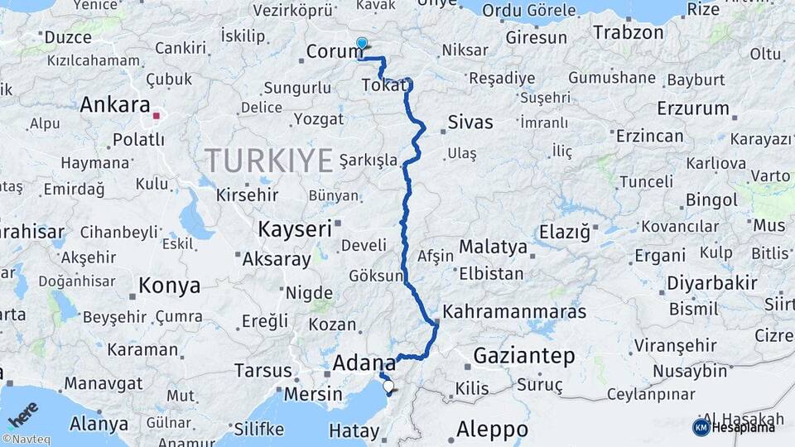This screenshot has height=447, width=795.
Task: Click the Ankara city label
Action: [x=114, y=106]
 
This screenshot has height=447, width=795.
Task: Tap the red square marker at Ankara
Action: [x=156, y=116]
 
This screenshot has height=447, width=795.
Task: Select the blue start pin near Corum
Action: [x=361, y=44]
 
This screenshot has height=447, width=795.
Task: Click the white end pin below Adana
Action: [x=388, y=385]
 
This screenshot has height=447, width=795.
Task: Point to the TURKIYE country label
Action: [x=269, y=160]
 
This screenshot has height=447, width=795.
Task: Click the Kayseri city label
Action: [x=294, y=228]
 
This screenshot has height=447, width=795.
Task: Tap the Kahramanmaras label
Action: [x=514, y=312]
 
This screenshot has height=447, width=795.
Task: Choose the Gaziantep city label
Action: [x=523, y=357]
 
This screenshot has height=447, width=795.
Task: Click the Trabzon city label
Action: [x=629, y=33]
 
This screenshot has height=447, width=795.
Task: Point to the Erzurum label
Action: [x=693, y=108]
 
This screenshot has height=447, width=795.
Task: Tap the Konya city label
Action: [x=169, y=286]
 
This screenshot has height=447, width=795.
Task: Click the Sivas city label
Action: [x=470, y=123]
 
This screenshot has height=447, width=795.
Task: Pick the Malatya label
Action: [x=493, y=247]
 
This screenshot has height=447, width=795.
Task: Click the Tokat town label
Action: [x=385, y=86]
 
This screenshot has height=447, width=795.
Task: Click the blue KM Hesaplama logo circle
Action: [x=701, y=427]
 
